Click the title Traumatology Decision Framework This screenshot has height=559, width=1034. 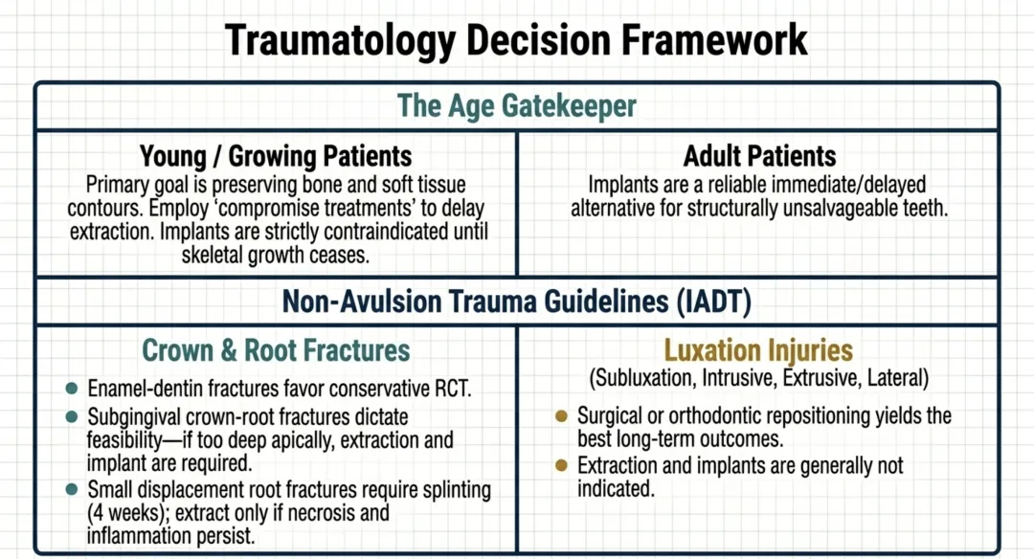tap(517, 40)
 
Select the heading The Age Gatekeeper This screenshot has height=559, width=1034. tap(517, 105)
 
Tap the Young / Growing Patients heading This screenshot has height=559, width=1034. tap(276, 156)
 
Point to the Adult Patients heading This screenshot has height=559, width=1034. tap(759, 156)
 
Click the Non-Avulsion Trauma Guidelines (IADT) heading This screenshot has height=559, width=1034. tap(517, 302)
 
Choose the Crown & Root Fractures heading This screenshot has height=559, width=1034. tap(276, 350)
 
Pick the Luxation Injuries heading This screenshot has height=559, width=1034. tap(759, 350)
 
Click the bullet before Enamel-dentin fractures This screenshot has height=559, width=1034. tap(71, 390)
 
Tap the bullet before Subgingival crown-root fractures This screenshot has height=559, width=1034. tap(71, 418)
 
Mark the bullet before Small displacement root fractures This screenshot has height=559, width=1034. tap(71, 490)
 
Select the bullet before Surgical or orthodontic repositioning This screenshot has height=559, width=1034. tap(562, 416)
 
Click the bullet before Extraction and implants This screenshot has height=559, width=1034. tap(562, 466)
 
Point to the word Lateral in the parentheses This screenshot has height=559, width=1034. tap(895, 379)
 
